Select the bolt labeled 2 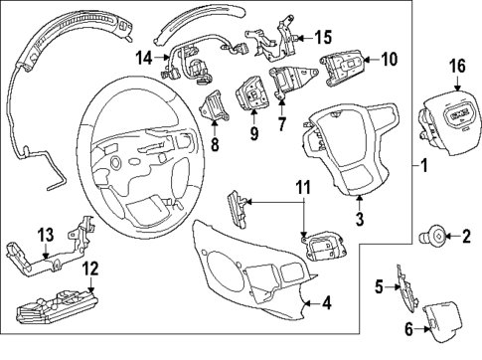click(x=435, y=264)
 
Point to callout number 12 click(x=90, y=268)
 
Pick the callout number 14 click(x=145, y=59)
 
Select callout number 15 click(x=323, y=38)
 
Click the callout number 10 click(x=389, y=60)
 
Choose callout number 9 click(x=253, y=131)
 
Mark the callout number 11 click(x=304, y=185)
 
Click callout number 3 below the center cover click(x=361, y=212)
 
